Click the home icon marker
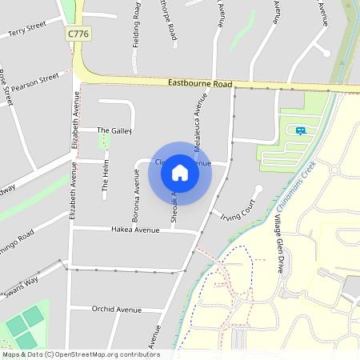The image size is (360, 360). [x=180, y=172]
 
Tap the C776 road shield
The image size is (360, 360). [x=78, y=34]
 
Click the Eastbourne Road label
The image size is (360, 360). [x=200, y=83]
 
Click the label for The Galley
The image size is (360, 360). [x=114, y=130]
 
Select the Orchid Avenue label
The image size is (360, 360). [x=116, y=310]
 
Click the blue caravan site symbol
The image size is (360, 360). [x=301, y=130]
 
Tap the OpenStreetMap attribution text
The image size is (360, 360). [x=80, y=354]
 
